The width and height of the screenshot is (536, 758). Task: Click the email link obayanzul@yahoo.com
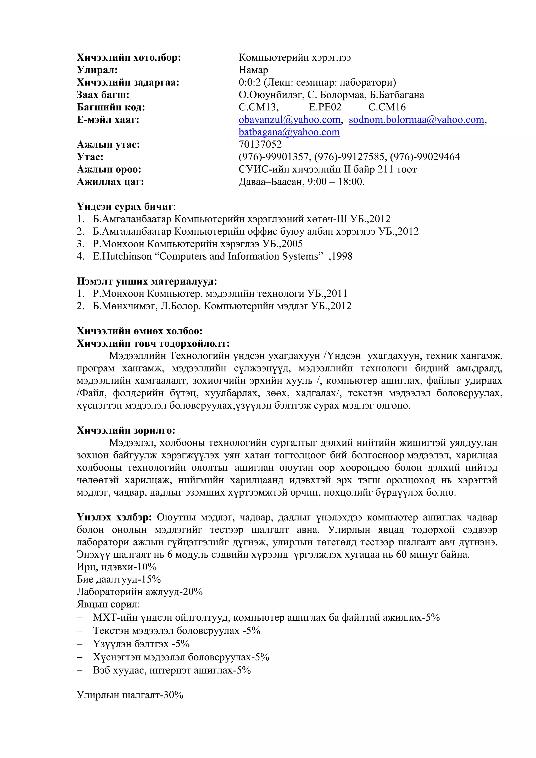click(289, 120)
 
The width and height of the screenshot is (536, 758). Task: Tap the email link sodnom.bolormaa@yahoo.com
click(416, 120)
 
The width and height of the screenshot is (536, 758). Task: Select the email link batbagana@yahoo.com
click(289, 132)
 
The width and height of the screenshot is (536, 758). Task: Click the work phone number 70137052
click(260, 144)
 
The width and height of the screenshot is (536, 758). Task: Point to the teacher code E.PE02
click(325, 107)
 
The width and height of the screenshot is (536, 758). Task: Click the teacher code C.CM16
click(387, 107)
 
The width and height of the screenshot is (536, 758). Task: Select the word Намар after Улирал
click(253, 70)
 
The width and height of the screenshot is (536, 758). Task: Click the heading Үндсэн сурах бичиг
click(125, 207)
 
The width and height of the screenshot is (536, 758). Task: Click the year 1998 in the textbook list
click(342, 256)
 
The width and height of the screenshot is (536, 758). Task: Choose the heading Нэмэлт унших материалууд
click(147, 281)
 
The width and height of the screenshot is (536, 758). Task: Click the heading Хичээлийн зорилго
click(126, 430)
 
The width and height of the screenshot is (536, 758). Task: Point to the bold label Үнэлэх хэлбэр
click(114, 517)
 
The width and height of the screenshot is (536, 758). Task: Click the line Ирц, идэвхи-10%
click(116, 567)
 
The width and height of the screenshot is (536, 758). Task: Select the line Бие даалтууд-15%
click(119, 579)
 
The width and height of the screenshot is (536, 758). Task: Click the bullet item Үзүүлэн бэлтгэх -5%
click(141, 644)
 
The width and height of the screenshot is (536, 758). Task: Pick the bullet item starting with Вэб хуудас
click(172, 670)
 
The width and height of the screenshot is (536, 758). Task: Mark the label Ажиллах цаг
click(110, 182)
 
